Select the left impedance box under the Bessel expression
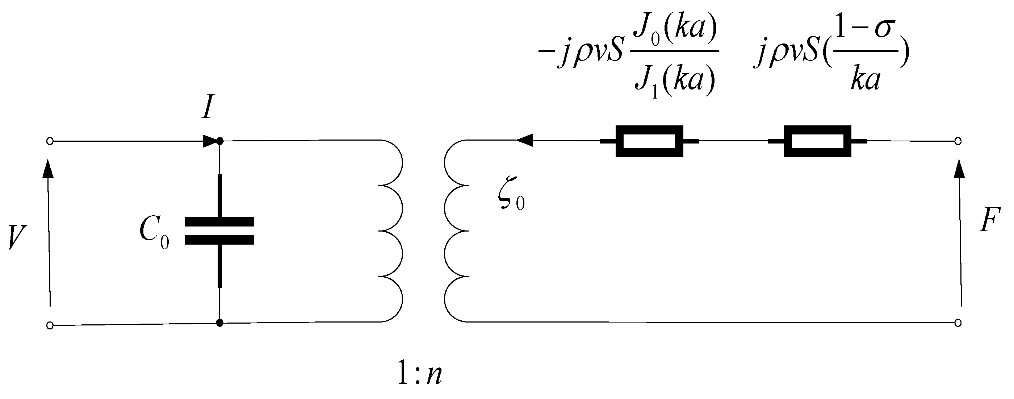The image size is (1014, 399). pyautogui.click(x=649, y=141)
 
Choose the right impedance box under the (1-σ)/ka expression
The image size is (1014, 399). pyautogui.click(x=817, y=141)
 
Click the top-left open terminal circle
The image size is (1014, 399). pyautogui.click(x=50, y=141)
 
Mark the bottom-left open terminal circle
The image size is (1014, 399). pyautogui.click(x=50, y=325)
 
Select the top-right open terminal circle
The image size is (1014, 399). pyautogui.click(x=958, y=141)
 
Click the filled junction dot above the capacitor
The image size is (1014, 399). pyautogui.click(x=220, y=141)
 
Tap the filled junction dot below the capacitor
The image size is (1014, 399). pyautogui.click(x=220, y=323)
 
